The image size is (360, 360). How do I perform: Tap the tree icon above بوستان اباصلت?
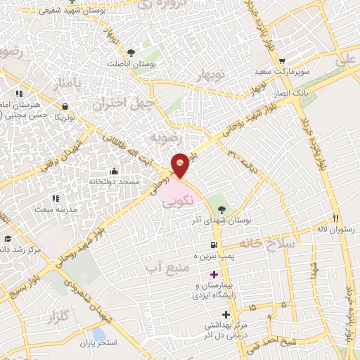tap(131, 52)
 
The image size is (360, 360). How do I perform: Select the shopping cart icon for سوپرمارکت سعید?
tap(282, 60)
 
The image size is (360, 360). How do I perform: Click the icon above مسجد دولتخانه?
tap(114, 171)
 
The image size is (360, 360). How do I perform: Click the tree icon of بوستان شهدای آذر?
tap(222, 209)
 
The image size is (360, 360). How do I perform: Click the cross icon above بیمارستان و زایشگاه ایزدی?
tap(214, 273)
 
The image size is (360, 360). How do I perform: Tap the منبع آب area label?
tap(162, 267)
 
